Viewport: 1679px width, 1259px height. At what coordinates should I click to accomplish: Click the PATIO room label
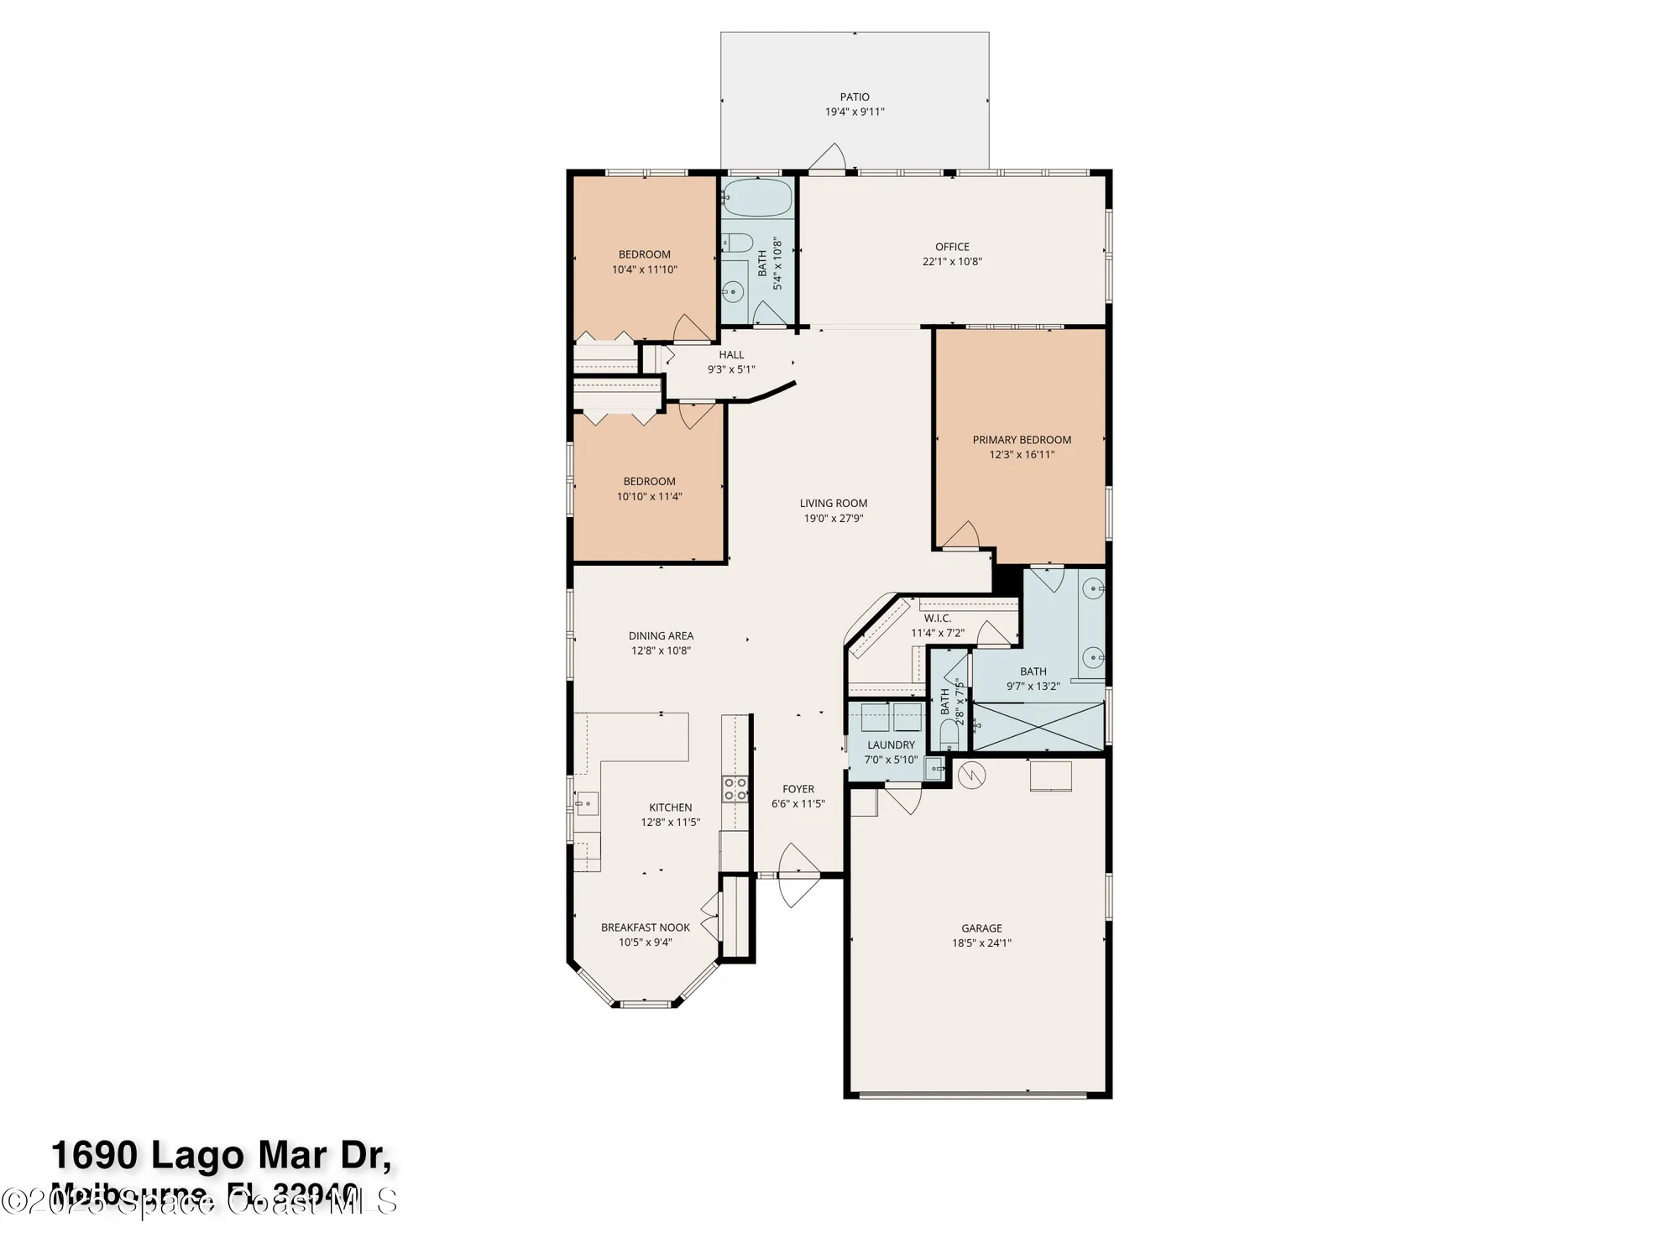[855, 97]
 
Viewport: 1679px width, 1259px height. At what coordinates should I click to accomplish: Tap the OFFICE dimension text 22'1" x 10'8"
[952, 262]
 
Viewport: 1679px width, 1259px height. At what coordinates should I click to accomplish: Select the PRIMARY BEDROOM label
[1022, 440]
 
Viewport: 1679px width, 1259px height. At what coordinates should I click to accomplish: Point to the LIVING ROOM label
[834, 504]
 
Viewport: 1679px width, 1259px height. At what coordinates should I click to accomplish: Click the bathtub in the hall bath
[757, 198]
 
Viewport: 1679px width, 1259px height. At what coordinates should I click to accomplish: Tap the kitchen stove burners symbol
[735, 789]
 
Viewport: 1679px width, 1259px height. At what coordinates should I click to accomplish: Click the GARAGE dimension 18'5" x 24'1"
[981, 943]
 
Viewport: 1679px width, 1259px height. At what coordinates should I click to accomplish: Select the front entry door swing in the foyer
[798, 875]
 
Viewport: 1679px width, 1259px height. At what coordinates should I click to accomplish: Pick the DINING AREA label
[661, 636]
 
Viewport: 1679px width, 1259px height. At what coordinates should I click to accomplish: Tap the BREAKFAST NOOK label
[646, 927]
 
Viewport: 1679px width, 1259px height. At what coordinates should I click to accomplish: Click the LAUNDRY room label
[891, 745]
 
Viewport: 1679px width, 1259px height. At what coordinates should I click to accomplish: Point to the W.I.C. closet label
[937, 619]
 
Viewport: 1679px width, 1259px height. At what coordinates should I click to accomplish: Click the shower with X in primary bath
[1038, 727]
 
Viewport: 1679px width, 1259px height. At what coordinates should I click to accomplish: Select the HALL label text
[731, 355]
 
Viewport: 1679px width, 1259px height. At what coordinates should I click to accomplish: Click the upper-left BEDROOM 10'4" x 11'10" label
[645, 255]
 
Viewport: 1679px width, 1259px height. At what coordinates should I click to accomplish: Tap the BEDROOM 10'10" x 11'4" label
[649, 482]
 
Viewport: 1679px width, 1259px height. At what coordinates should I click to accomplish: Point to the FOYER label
[798, 789]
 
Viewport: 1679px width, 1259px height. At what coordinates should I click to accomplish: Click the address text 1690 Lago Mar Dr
[221, 1157]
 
